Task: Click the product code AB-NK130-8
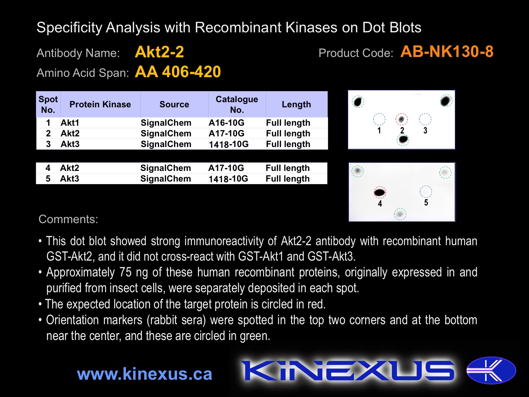click(x=447, y=52)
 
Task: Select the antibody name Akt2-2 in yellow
click(x=159, y=52)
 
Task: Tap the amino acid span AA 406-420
click(x=178, y=72)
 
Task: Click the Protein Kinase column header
click(x=100, y=104)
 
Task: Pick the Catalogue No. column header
click(x=237, y=104)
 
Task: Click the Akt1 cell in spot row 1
click(x=70, y=123)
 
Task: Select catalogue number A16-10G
click(x=227, y=123)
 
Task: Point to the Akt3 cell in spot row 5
click(x=70, y=179)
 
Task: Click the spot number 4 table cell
click(x=48, y=168)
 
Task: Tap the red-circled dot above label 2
click(x=402, y=119)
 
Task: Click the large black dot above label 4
click(x=379, y=192)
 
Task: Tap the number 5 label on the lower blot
click(x=426, y=203)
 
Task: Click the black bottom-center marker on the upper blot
click(x=403, y=139)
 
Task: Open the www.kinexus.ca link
click(x=145, y=374)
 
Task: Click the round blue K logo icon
click(x=491, y=371)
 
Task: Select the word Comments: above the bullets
click(x=68, y=219)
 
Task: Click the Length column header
click(x=296, y=104)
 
